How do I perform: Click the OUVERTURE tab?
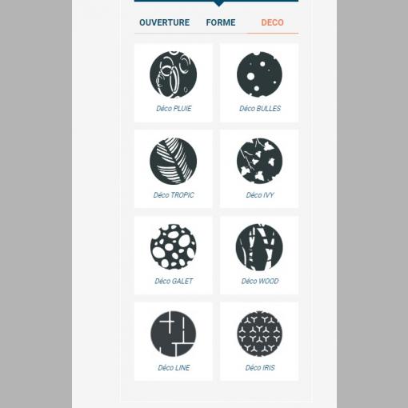(x=164, y=22)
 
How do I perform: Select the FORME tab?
(x=221, y=22)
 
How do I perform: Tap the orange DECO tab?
(x=272, y=22)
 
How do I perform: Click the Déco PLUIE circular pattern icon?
(x=174, y=74)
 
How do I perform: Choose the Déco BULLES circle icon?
(x=259, y=74)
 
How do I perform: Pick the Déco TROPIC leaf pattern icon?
(x=174, y=161)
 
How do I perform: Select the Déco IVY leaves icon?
(x=259, y=161)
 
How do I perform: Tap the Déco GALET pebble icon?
(x=174, y=246)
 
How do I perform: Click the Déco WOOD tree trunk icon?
(x=259, y=247)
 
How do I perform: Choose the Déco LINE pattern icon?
(x=174, y=334)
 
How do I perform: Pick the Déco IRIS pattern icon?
(x=259, y=334)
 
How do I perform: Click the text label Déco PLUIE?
(x=174, y=109)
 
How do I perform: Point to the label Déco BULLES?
(x=260, y=109)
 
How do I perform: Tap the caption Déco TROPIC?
(x=174, y=195)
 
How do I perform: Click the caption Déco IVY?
(x=260, y=195)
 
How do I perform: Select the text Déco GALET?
(x=174, y=281)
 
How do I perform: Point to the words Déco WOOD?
(x=260, y=281)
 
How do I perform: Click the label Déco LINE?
(x=174, y=368)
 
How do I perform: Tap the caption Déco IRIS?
(x=260, y=368)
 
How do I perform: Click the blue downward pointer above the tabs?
(x=218, y=3)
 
